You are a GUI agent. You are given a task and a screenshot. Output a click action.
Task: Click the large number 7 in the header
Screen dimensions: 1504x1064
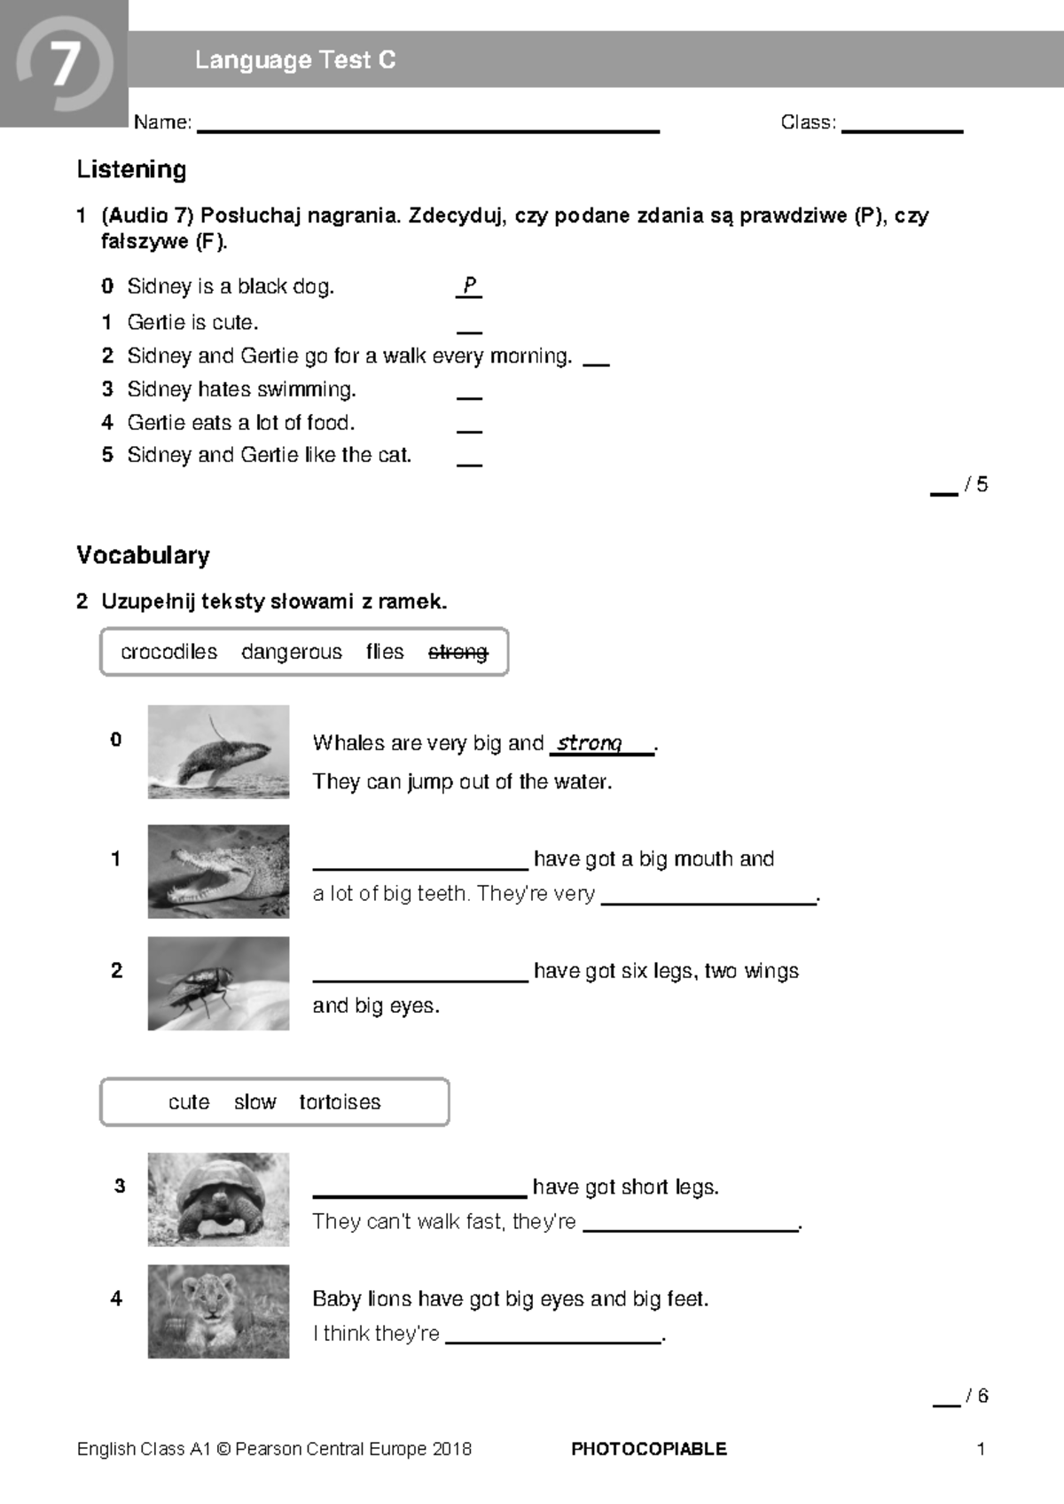[x=64, y=65]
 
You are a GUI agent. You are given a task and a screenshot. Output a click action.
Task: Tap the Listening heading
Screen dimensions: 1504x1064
[x=131, y=169]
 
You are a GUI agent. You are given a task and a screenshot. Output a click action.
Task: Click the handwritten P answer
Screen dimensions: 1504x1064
[x=469, y=286]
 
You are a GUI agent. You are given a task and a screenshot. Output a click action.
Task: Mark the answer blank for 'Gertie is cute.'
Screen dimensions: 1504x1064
[x=469, y=330]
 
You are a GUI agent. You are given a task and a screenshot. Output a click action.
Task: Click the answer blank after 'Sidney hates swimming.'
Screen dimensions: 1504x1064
[x=469, y=397]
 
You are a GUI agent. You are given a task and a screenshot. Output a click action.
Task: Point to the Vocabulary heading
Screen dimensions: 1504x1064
[x=143, y=555]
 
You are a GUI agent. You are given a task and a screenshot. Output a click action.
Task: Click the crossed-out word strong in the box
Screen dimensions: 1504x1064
[x=458, y=652]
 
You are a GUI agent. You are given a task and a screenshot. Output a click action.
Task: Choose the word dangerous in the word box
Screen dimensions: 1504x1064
[x=291, y=652]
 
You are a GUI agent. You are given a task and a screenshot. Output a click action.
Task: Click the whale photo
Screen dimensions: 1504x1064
[x=218, y=751]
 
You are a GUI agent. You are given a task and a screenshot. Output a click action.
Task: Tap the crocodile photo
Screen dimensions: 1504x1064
[x=218, y=871]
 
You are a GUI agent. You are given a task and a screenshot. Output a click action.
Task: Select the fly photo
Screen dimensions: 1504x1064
[x=218, y=983]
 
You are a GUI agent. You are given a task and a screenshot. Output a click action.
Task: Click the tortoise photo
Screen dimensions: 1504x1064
[x=218, y=1199]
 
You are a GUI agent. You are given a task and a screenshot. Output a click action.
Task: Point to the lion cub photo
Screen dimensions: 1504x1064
[x=218, y=1311]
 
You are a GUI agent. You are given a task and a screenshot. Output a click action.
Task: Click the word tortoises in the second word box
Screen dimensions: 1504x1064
[x=340, y=1102]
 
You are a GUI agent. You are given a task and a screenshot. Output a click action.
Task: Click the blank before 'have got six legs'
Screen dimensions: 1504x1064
[x=420, y=977]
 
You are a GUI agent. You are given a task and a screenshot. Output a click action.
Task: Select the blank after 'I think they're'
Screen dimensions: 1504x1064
[x=553, y=1340]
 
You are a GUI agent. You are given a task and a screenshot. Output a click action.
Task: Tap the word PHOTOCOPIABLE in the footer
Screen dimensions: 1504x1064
[x=648, y=1449]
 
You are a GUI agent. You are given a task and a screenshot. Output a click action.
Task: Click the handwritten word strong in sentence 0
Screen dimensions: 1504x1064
[x=590, y=743]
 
